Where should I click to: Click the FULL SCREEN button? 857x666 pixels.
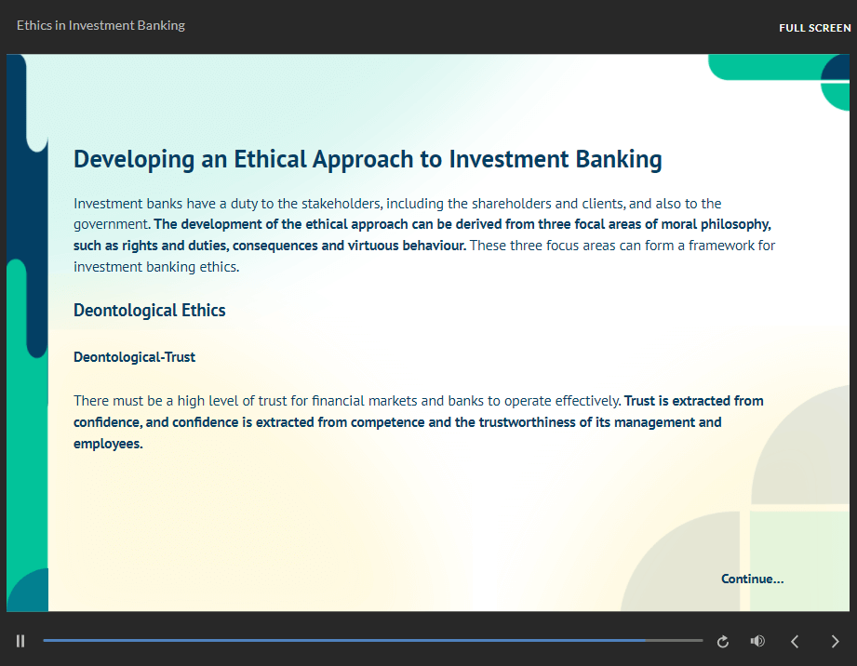pos(814,28)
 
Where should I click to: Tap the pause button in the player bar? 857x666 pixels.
pos(20,641)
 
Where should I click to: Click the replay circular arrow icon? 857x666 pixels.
pos(723,642)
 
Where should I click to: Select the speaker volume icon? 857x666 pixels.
pos(757,641)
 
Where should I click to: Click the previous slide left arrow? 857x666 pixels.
pos(796,642)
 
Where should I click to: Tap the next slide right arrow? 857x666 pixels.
pos(835,642)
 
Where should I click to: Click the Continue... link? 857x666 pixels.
pos(752,579)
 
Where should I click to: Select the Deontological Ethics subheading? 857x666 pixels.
pos(149,311)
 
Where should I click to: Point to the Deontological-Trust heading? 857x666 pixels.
pos(134,357)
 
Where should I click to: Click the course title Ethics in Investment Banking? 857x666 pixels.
pos(100,26)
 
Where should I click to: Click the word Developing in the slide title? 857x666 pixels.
pos(134,160)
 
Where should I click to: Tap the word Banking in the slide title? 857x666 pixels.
pos(619,160)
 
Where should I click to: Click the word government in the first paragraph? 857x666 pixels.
pos(112,224)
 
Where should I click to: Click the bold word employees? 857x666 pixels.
pos(108,444)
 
